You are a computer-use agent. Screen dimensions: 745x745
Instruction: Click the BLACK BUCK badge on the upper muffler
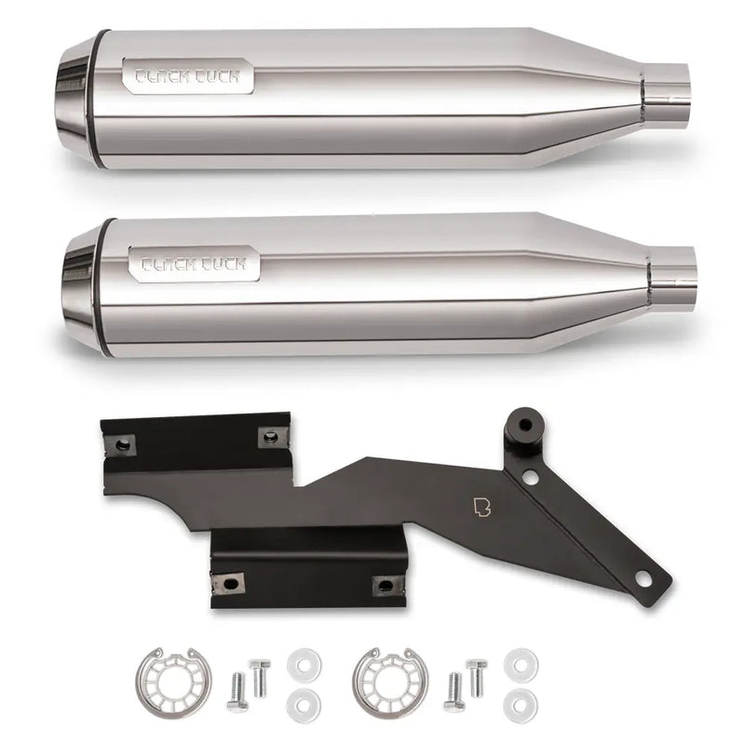point(187,76)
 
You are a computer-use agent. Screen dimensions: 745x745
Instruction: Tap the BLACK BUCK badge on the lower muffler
point(194,264)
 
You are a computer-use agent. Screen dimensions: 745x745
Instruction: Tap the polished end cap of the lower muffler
point(79,289)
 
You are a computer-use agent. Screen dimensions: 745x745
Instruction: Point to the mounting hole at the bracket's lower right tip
point(642,579)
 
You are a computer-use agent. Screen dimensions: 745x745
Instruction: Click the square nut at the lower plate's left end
point(228,584)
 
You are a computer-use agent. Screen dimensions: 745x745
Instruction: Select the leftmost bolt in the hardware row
point(236,690)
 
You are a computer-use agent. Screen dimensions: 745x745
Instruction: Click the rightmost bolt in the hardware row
point(477,676)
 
